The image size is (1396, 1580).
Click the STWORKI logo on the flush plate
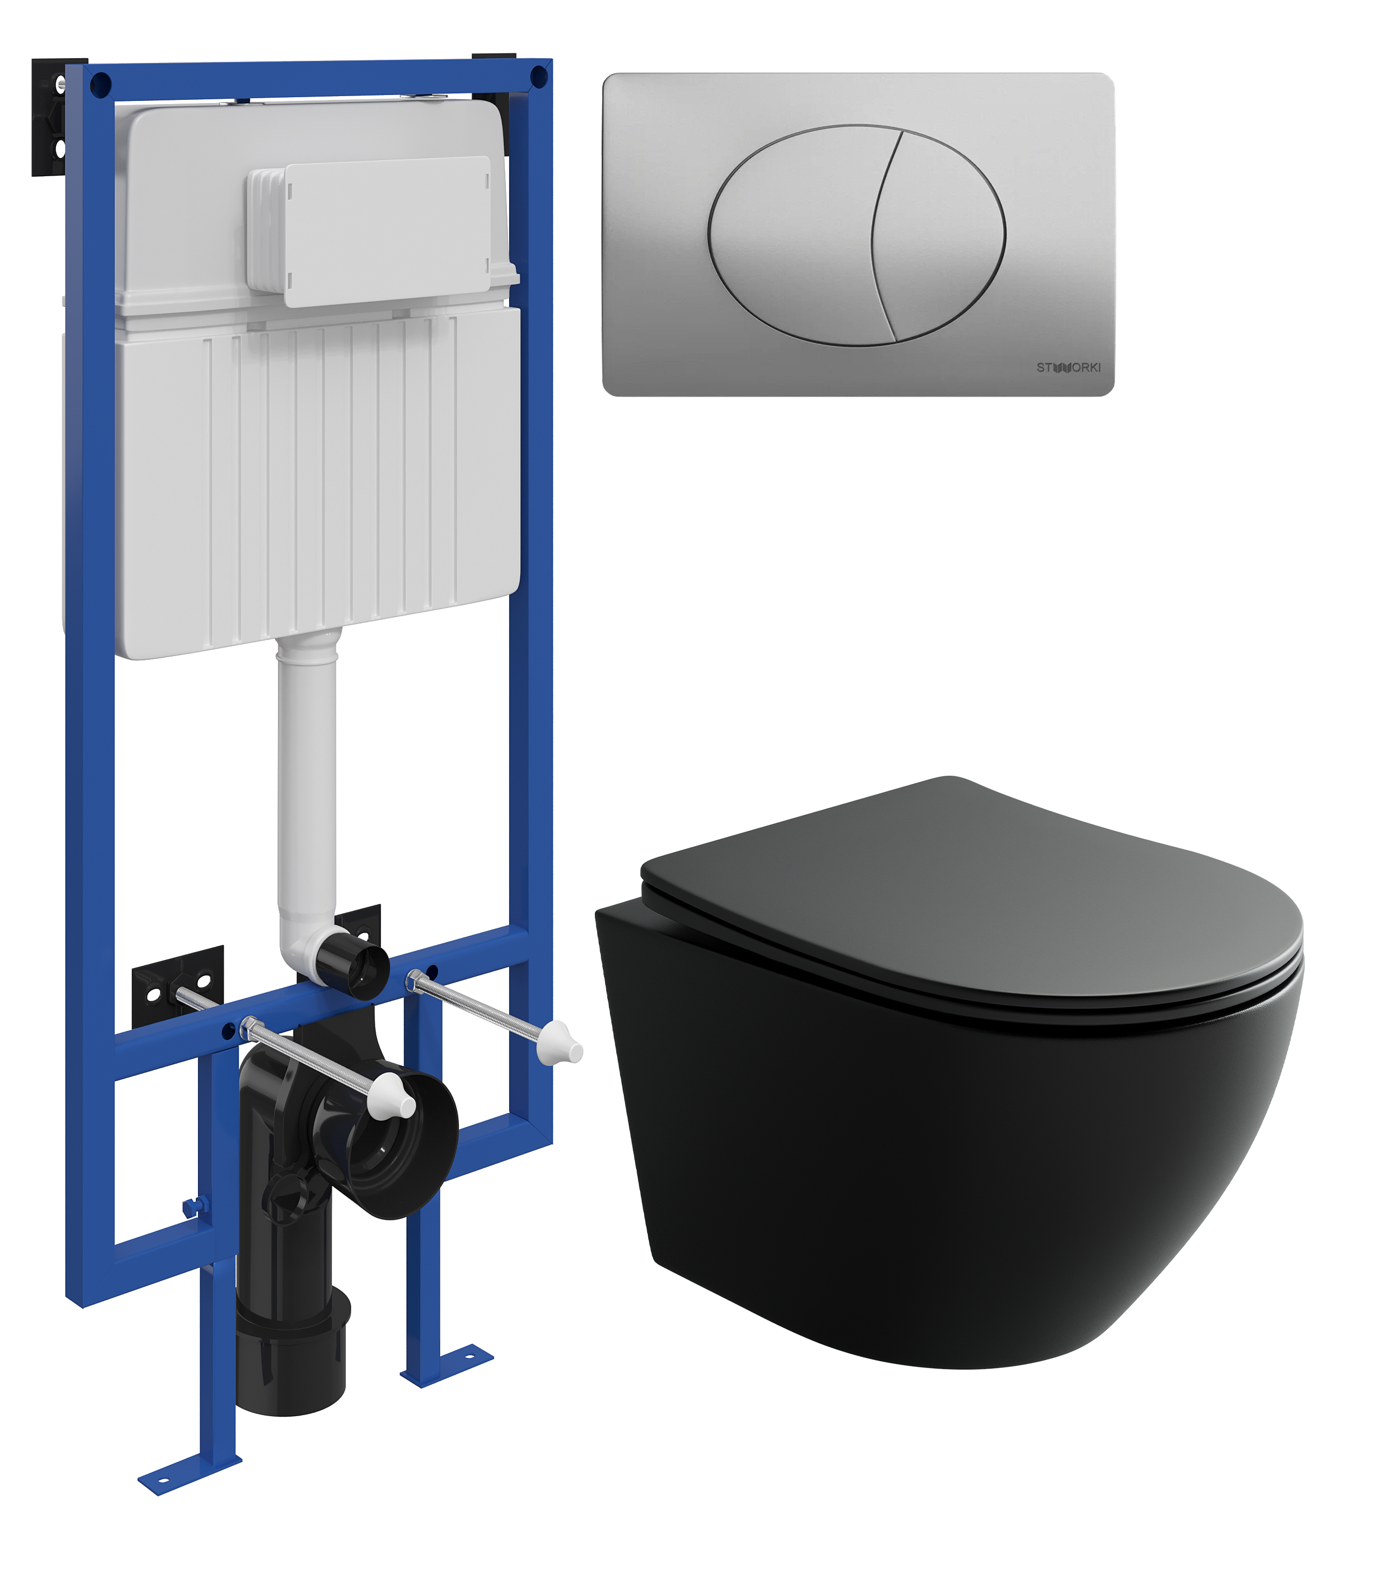[1068, 367]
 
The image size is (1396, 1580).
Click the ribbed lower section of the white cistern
[317, 479]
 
